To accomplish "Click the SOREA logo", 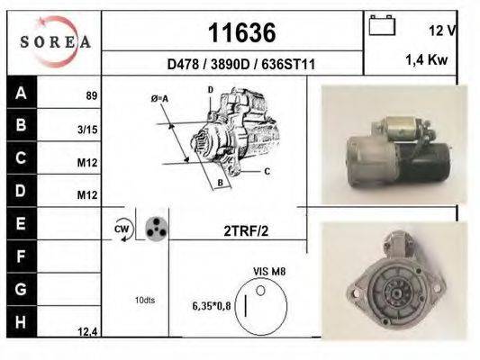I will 55,41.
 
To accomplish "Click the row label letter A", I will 22,93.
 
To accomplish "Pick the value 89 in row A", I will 91,95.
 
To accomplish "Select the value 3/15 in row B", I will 88,130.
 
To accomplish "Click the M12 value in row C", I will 87,163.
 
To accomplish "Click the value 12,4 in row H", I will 87,332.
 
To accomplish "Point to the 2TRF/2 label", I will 245,230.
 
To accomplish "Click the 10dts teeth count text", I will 143,300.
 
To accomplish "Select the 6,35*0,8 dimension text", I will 212,307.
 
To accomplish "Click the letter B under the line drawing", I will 218,184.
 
